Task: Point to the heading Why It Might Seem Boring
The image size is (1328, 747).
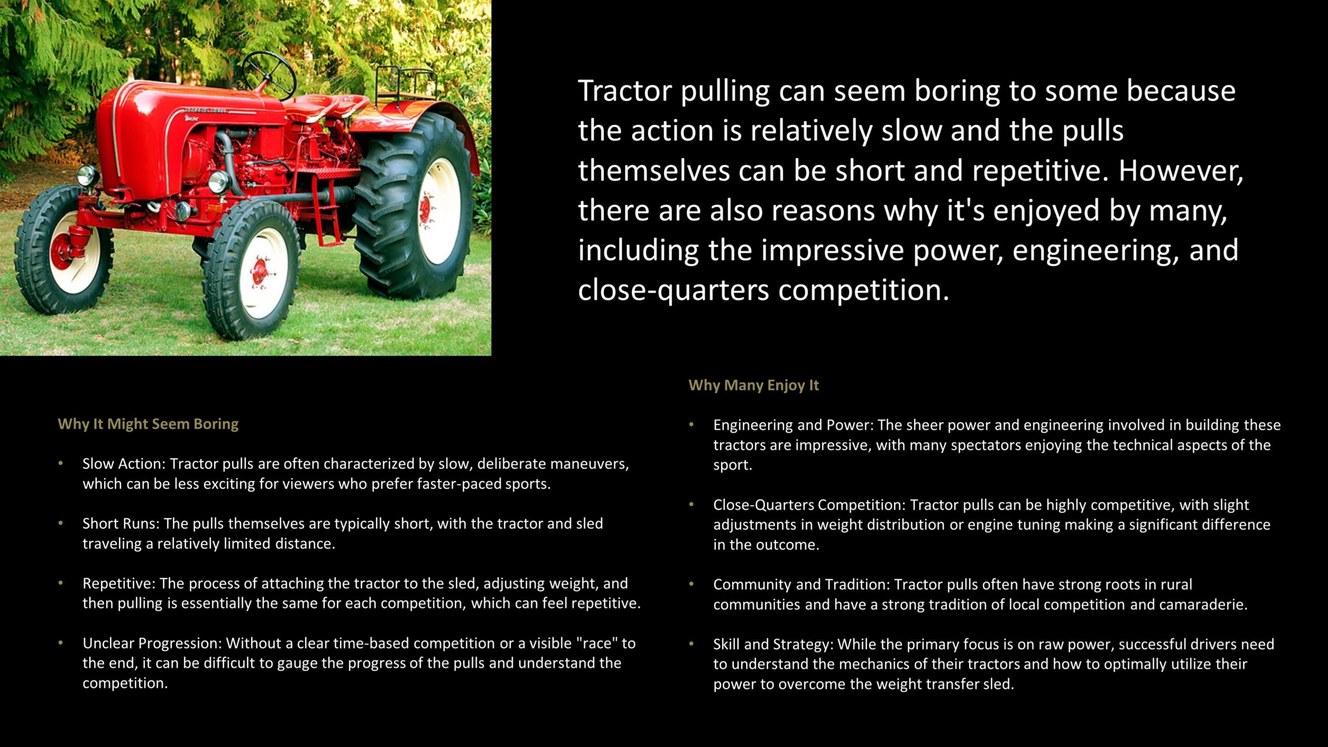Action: click(x=148, y=424)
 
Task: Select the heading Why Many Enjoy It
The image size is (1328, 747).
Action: click(x=753, y=385)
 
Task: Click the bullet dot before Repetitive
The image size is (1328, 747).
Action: click(x=61, y=583)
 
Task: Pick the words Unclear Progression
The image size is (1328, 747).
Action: click(x=152, y=644)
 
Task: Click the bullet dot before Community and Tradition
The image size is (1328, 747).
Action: click(x=691, y=584)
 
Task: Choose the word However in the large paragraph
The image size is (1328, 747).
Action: click(x=1181, y=171)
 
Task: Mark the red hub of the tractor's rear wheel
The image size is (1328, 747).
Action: click(x=425, y=210)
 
